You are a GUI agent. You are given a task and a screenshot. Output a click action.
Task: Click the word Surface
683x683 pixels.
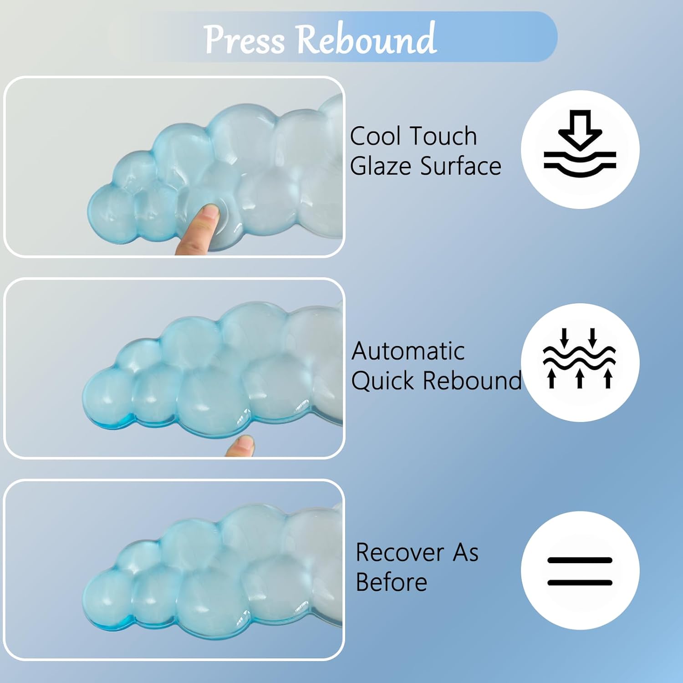click(x=460, y=166)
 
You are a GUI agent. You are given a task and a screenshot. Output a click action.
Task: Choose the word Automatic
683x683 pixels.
click(x=408, y=351)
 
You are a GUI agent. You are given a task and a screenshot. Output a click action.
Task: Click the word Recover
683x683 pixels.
click(x=399, y=553)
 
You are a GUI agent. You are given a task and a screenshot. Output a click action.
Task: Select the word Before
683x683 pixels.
click(x=391, y=582)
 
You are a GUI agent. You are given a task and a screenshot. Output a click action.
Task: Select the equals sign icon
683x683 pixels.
click(x=580, y=571)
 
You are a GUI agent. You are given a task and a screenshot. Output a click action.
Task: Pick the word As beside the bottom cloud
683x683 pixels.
click(x=465, y=553)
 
